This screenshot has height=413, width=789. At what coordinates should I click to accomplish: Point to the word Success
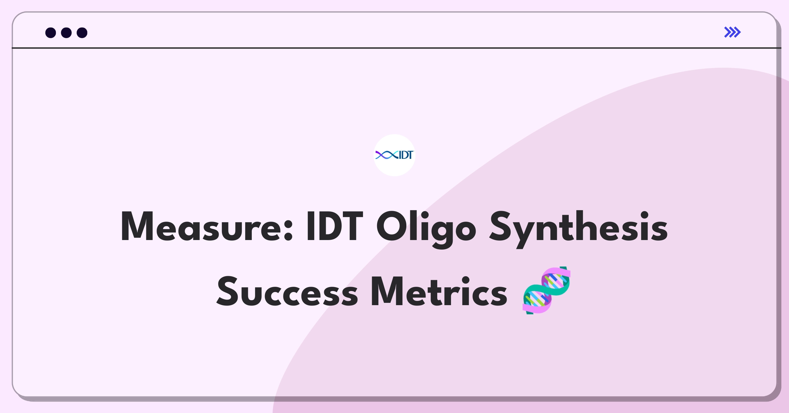287,292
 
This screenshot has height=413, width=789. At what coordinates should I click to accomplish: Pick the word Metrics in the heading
439,292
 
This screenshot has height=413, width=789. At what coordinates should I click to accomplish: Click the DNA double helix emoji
546,291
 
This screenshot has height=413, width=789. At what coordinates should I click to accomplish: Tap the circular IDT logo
394,155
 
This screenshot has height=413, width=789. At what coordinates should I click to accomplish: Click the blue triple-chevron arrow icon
732,32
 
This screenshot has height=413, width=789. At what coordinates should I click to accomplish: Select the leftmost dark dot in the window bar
51,33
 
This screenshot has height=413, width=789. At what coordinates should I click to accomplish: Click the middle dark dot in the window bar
66,33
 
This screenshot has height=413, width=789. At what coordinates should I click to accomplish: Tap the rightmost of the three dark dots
82,33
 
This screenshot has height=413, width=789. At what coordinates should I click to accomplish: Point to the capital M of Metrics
387,292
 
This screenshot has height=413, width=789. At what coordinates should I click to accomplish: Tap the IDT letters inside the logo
406,155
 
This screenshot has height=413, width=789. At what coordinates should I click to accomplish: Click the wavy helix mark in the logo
387,155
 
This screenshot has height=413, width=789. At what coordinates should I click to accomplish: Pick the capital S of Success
227,292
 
